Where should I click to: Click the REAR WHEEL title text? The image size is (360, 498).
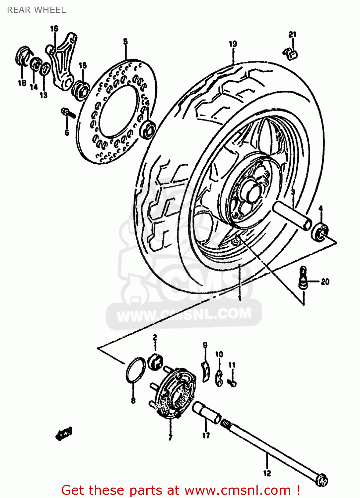(36, 10)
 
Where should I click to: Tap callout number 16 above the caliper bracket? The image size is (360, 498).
(54, 29)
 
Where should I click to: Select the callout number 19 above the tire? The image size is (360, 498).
(233, 43)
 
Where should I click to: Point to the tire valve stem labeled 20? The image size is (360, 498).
(303, 277)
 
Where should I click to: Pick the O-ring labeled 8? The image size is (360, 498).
(135, 370)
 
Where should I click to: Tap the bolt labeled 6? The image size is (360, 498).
(68, 113)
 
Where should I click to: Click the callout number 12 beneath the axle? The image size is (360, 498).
(267, 473)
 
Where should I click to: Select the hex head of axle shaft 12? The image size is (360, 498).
(322, 479)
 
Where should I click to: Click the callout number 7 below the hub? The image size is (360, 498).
(170, 438)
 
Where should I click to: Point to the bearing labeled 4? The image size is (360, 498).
(319, 231)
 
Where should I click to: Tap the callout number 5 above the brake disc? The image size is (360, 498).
(125, 41)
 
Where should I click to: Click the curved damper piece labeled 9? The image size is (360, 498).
(206, 371)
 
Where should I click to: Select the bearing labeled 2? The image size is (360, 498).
(156, 361)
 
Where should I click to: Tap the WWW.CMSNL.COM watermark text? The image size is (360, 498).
(184, 314)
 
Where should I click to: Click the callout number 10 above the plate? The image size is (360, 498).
(219, 355)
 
